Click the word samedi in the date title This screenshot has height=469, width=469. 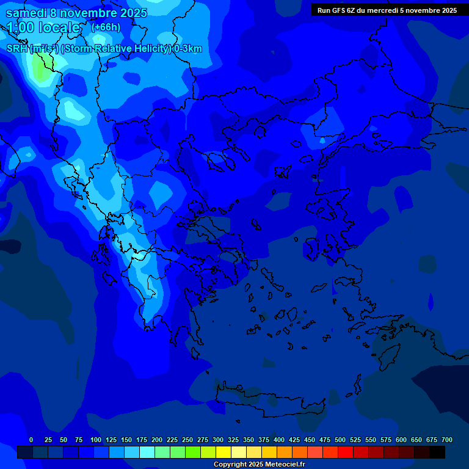click(x=26, y=13)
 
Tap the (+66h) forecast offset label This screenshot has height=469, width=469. click(x=106, y=27)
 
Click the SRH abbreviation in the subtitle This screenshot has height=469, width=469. click(x=18, y=49)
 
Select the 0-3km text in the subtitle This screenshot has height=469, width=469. click(x=187, y=49)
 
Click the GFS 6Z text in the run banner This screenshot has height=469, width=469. click(x=343, y=10)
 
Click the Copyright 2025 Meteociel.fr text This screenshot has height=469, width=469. click(x=259, y=465)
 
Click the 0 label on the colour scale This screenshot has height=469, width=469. click(x=31, y=440)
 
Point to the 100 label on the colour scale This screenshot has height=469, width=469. click(x=95, y=440)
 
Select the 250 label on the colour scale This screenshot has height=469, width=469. click(x=187, y=440)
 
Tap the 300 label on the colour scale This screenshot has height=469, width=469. click(x=218, y=440)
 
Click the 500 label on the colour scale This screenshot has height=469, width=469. click(x=340, y=440)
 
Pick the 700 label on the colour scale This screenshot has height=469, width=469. click(x=447, y=440)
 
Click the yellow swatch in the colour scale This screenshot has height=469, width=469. click(x=224, y=452)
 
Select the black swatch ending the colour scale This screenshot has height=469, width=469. click(x=437, y=452)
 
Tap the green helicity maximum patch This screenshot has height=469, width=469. click(x=42, y=72)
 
